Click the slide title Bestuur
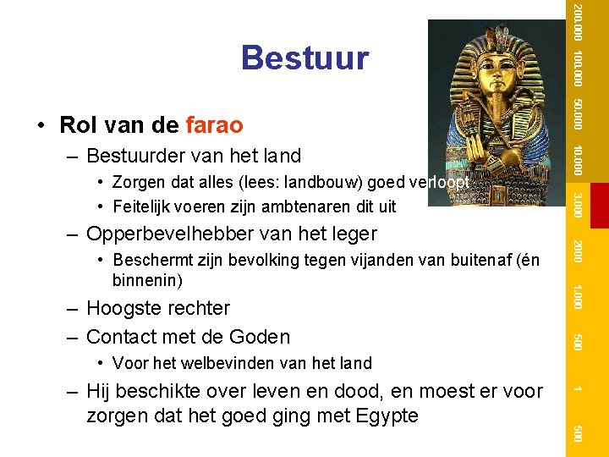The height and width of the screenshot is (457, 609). point(304,58)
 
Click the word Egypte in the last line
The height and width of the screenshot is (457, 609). point(388,416)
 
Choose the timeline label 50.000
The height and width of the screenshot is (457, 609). point(576,115)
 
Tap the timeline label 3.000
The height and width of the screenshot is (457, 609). point(576,204)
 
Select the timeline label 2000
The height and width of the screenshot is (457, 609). point(576,252)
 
